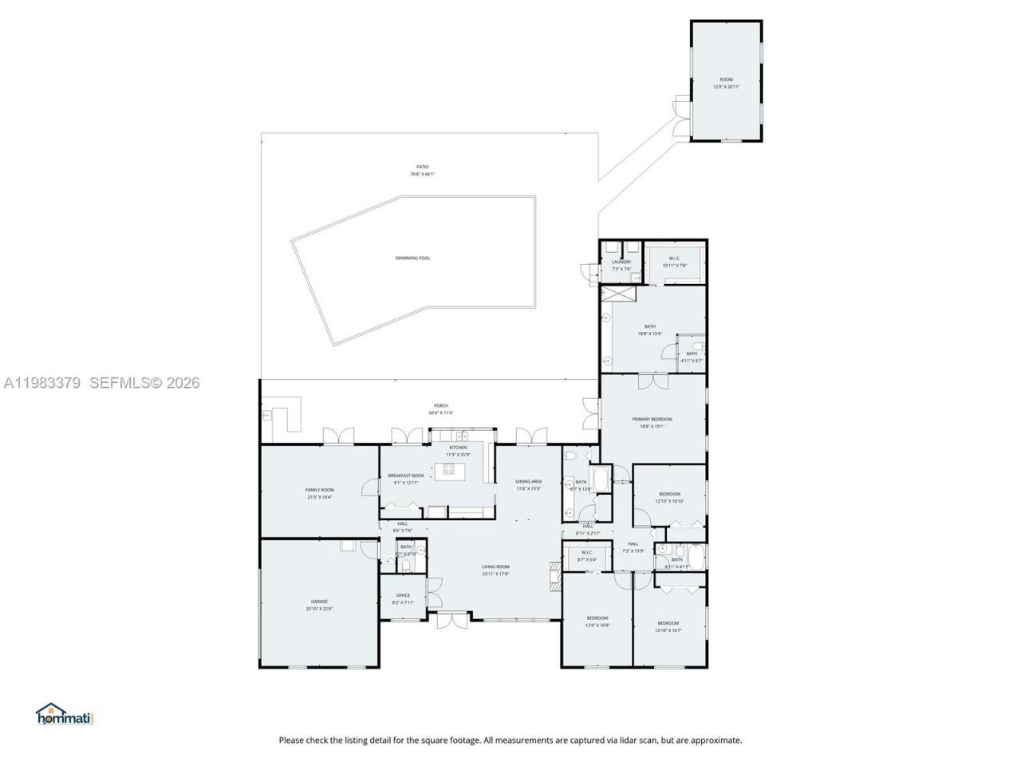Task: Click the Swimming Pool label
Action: (412, 258)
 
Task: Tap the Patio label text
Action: (422, 167)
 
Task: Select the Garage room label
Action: (319, 602)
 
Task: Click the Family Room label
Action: (319, 490)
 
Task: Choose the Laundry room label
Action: (621, 262)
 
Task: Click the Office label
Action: (403, 595)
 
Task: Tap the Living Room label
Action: (495, 567)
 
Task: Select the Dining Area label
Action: (528, 481)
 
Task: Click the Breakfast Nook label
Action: (406, 476)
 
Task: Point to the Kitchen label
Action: (458, 448)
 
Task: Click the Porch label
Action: (440, 406)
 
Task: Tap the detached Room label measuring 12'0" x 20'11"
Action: (726, 80)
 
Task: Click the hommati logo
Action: (65, 714)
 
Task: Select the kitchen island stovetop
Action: (449, 469)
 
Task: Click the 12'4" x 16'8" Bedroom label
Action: (597, 618)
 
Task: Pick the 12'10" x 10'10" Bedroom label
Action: (669, 494)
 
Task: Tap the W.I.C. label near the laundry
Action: (674, 259)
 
